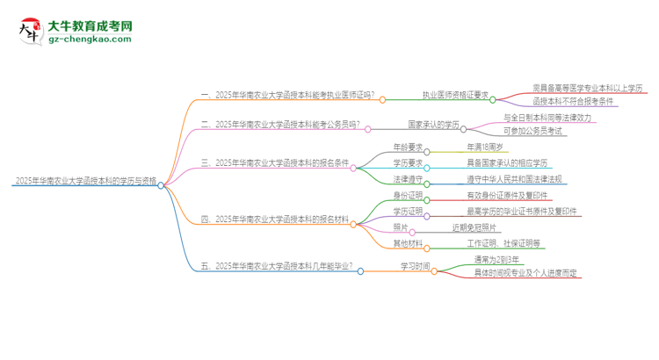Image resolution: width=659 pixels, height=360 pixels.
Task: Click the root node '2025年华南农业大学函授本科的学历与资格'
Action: [86, 182]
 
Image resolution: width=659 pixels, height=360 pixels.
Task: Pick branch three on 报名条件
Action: [276, 162]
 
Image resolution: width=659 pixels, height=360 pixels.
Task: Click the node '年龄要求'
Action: [407, 147]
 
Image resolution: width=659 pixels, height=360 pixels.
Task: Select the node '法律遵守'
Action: [407, 179]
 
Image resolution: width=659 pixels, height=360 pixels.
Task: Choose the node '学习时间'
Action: [416, 267]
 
